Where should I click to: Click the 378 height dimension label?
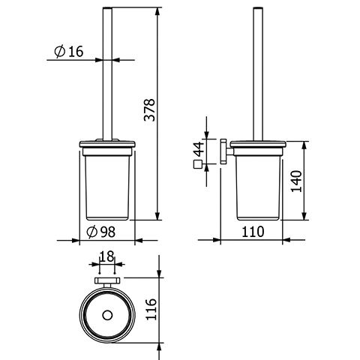[x=150, y=110]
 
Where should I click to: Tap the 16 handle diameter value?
[x=76, y=52]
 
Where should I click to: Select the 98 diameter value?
[x=108, y=232]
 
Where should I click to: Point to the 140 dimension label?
[x=297, y=181]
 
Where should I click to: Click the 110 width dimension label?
[x=253, y=232]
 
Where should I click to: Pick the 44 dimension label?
[x=199, y=149]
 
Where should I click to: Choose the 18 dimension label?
[x=106, y=256]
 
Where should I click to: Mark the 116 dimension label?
[x=151, y=309]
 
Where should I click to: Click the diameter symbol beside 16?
[x=60, y=52]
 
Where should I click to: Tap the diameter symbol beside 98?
[x=91, y=232]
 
